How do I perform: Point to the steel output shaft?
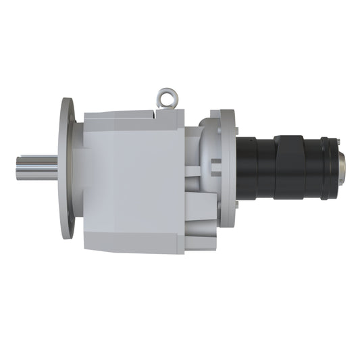tap(37, 168)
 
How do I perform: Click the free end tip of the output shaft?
tap(18, 168)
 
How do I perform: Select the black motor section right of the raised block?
tap(313, 169)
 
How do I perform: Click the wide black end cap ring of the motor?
tap(330, 169)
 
